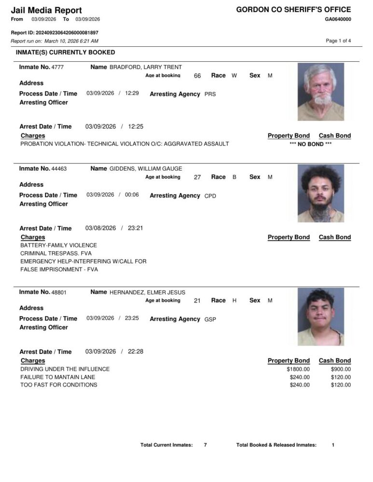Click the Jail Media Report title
[x=46, y=10]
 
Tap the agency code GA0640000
[x=338, y=19]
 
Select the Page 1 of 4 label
[x=338, y=41]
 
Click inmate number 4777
[x=57, y=67]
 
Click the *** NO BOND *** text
[x=311, y=144]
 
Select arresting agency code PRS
[x=210, y=94]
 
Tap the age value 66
[x=197, y=76]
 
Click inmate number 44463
[x=59, y=169]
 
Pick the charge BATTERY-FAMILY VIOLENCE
[x=58, y=245]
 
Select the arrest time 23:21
[x=135, y=228]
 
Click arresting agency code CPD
[x=210, y=196]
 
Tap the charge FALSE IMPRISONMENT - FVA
[x=59, y=269]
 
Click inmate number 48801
[x=59, y=292]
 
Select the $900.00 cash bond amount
[x=341, y=369]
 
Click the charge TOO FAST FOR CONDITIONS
[x=58, y=385]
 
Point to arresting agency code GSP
[x=210, y=319]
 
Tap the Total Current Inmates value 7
[x=205, y=445]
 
